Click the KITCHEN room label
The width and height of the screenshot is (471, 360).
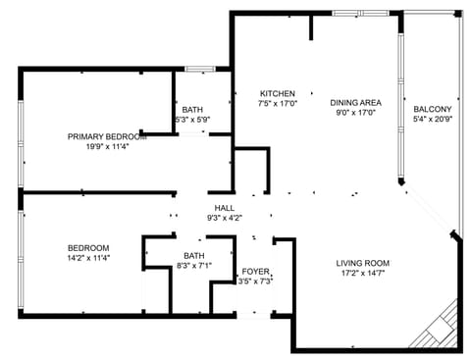pyautogui.click(x=277, y=92)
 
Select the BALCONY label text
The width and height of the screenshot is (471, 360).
pyautogui.click(x=433, y=109)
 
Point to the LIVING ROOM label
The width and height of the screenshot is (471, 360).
pyautogui.click(x=363, y=263)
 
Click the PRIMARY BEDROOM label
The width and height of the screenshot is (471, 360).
pyautogui.click(x=107, y=136)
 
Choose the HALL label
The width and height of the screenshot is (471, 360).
pyautogui.click(x=224, y=208)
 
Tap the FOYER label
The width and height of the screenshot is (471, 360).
pyautogui.click(x=255, y=271)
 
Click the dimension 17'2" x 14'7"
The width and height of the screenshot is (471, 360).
pyautogui.click(x=363, y=275)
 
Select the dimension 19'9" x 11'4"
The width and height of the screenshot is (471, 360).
pyautogui.click(x=107, y=147)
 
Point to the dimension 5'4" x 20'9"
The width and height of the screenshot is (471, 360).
pyautogui.click(x=433, y=120)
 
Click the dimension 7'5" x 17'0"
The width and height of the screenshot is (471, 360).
pyautogui.click(x=277, y=103)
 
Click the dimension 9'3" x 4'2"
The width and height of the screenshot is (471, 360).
pyautogui.click(x=224, y=218)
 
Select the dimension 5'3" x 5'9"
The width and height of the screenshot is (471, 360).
pyautogui.click(x=191, y=120)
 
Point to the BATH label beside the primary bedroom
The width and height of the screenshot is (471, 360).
pyautogui.click(x=191, y=109)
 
